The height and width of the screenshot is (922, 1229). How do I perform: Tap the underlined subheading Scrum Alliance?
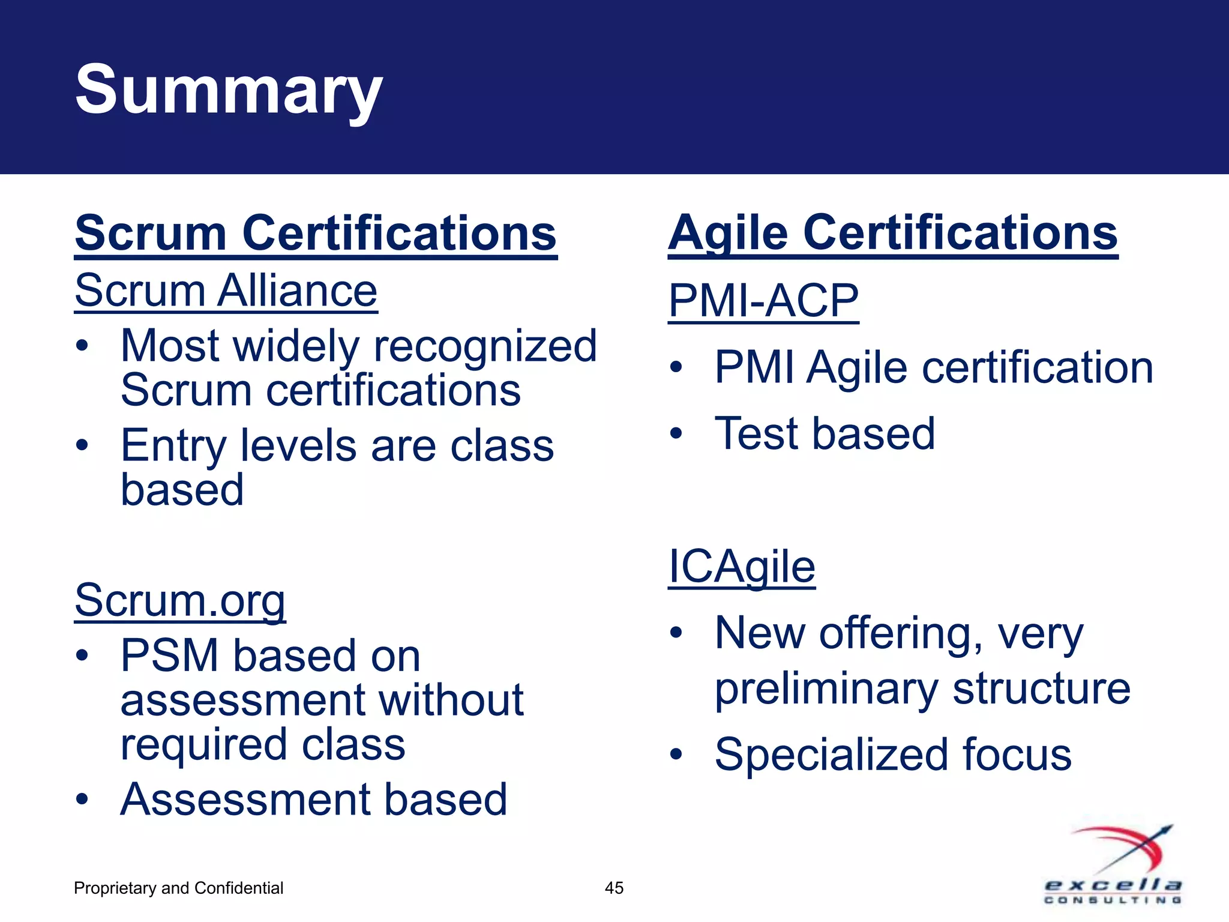pyautogui.click(x=226, y=291)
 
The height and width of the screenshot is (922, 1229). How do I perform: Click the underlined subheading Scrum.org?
pyautogui.click(x=179, y=600)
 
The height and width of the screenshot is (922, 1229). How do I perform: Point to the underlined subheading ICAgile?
pyautogui.click(x=741, y=567)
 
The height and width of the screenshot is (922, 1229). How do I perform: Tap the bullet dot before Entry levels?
pyautogui.click(x=82, y=445)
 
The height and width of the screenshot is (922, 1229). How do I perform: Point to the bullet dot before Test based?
pyautogui.click(x=676, y=433)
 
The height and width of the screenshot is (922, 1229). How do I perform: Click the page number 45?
pyautogui.click(x=614, y=888)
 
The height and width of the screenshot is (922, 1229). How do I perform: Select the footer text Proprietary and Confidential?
pyautogui.click(x=178, y=888)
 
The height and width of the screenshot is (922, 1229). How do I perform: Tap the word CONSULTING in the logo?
pyautogui.click(x=1113, y=900)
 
